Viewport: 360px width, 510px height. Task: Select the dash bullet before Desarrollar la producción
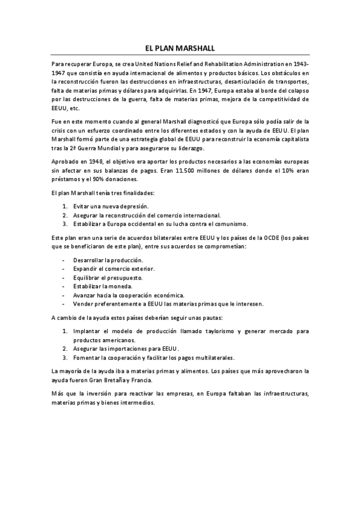(64, 260)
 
